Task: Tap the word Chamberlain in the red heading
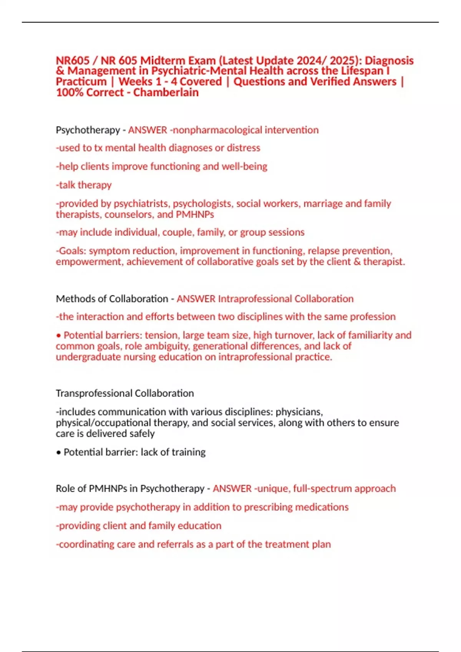pos(166,92)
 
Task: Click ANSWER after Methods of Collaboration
pos(196,299)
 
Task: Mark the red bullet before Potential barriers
pos(58,336)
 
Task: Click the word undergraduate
pos(88,357)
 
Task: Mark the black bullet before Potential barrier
pos(58,453)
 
